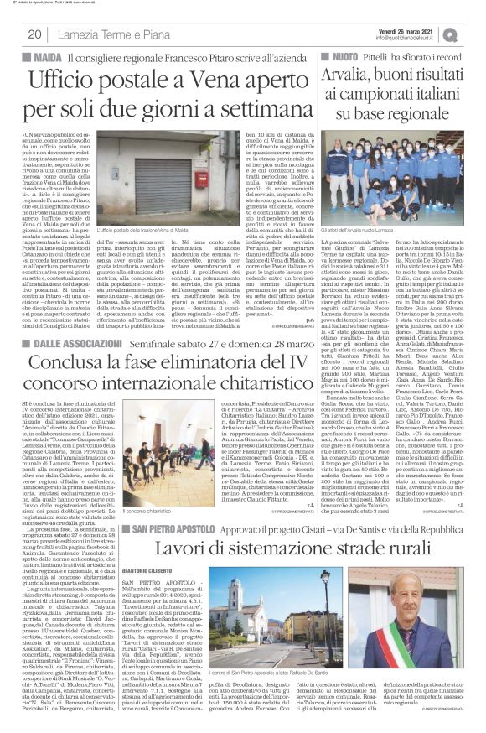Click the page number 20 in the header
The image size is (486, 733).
[x=36, y=34]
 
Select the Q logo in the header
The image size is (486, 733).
[x=473, y=33]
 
